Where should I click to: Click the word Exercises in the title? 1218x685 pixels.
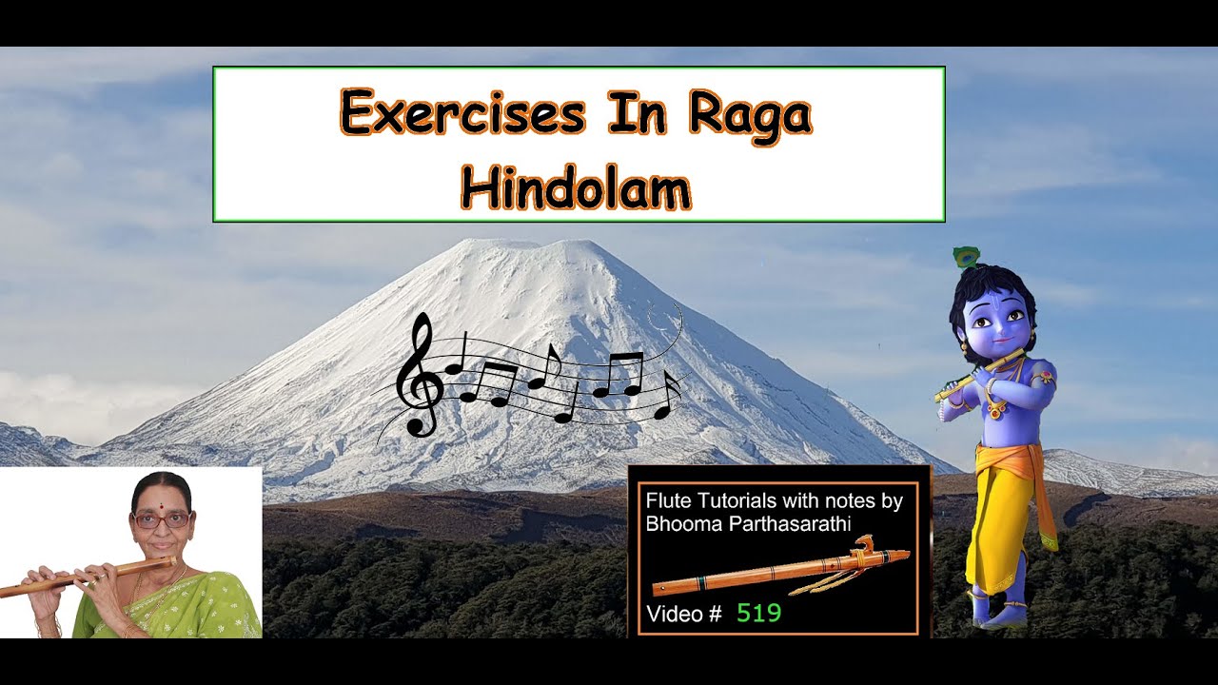[462, 114]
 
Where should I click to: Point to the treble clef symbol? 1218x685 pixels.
[421, 377]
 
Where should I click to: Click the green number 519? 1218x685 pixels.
[758, 614]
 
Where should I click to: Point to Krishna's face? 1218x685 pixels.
[994, 323]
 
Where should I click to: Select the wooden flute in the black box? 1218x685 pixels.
[780, 570]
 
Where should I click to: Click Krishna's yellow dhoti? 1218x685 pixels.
[999, 514]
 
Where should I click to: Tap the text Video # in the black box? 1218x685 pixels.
[683, 614]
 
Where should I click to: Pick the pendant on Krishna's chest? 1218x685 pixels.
[995, 411]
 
